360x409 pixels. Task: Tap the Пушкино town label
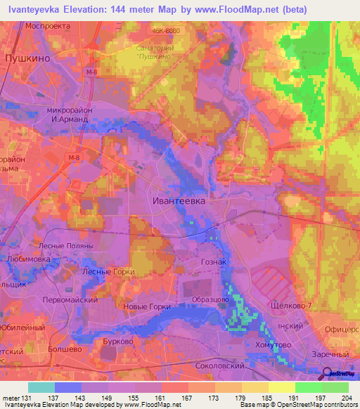click(27, 59)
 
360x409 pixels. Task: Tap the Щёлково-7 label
click(290, 307)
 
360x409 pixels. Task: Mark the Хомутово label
click(271, 345)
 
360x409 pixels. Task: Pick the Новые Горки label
click(146, 306)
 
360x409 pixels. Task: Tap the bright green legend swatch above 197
click(309, 387)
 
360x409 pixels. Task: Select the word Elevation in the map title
click(88, 10)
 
